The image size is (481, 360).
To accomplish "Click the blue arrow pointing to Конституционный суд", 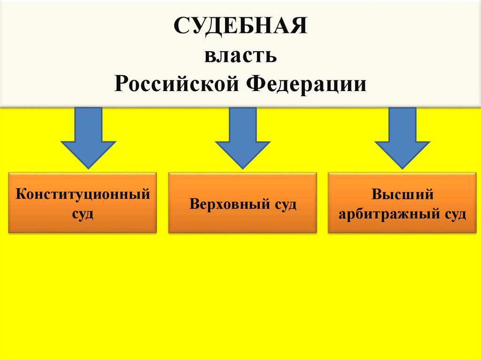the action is click(88, 141).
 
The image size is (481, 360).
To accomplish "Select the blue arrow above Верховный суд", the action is click(242, 141).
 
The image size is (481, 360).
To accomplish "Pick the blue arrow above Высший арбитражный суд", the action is click(402, 141).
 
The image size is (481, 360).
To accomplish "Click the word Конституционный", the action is click(83, 194).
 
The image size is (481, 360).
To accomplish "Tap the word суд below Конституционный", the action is click(83, 214).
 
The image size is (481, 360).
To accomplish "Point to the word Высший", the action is click(402, 194).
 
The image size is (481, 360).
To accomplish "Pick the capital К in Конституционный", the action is click(20, 194).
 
